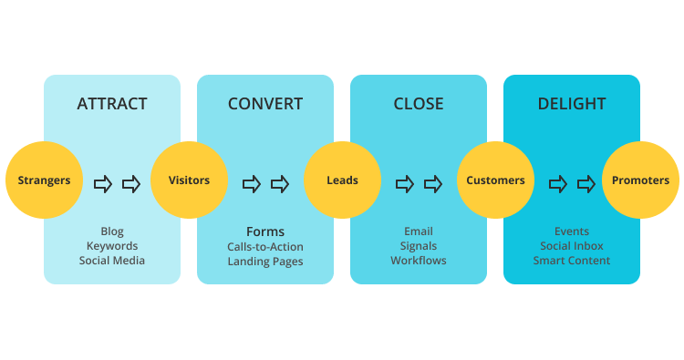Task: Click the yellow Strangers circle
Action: coord(44,180)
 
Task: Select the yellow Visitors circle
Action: coord(189,180)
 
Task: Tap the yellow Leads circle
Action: coord(342,180)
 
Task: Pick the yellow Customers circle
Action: coord(495,180)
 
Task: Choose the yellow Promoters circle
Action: coord(640,180)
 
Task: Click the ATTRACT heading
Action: coord(112,104)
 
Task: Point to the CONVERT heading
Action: coord(265,104)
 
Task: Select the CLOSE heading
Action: coord(419,104)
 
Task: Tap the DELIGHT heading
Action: coord(572,104)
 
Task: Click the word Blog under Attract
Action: coord(112,231)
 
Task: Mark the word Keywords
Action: coord(112,246)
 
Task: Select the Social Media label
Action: coord(112,261)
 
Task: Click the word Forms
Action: coord(265,231)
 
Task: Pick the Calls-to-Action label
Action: coord(265,247)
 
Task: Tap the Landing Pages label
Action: coord(265,262)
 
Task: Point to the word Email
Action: coord(419,231)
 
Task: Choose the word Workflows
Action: coord(419,261)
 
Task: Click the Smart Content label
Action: coord(572,261)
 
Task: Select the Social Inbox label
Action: coord(572,246)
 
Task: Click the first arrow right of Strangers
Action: coord(103,184)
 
